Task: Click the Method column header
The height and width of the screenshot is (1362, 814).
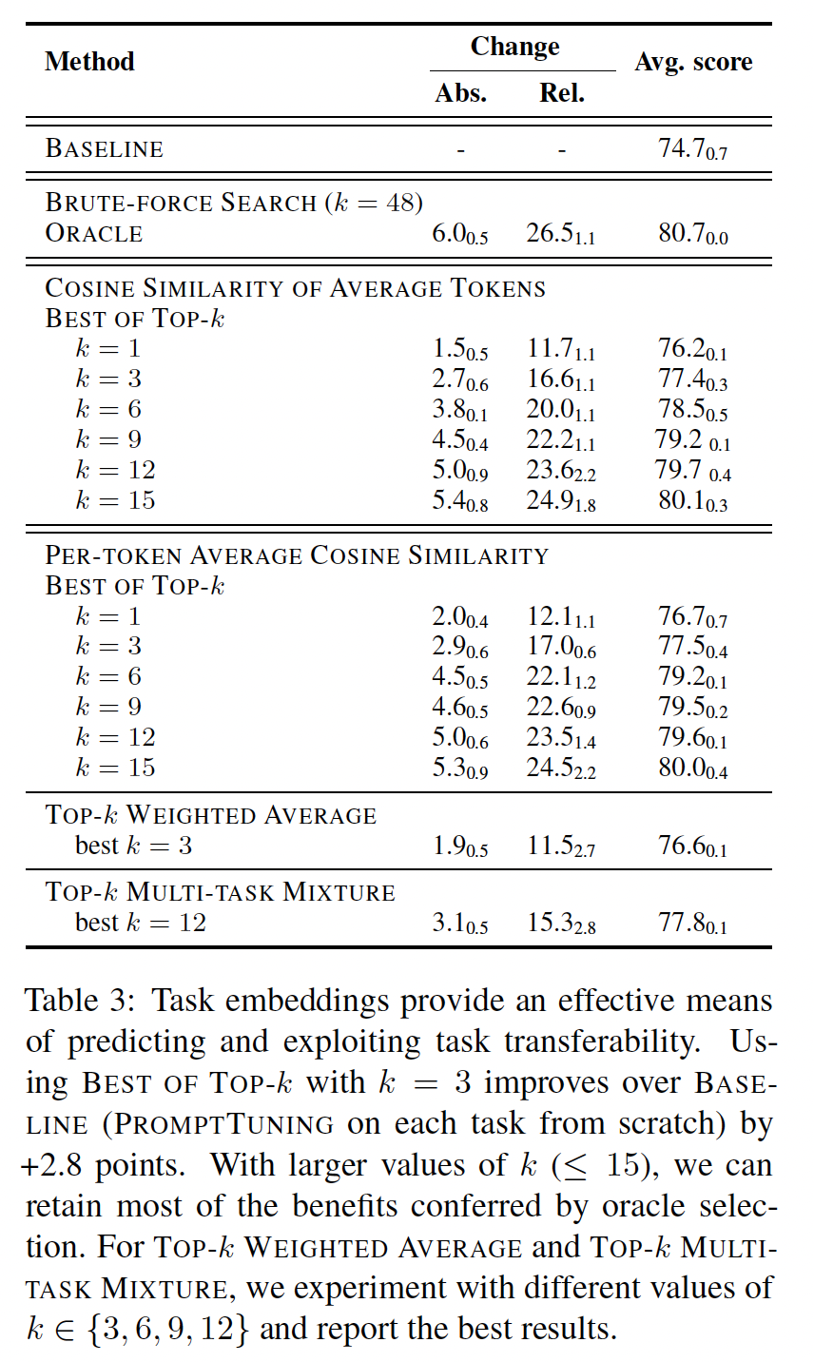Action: (x=89, y=62)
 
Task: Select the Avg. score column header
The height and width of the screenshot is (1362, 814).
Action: (x=693, y=62)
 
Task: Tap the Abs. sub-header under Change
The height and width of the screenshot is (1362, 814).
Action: (x=460, y=93)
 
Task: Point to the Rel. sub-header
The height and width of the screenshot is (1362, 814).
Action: (x=561, y=93)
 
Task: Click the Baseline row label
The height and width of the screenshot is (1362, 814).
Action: (x=105, y=148)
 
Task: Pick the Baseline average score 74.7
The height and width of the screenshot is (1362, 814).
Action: (x=692, y=148)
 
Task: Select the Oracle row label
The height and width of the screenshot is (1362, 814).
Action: (x=94, y=233)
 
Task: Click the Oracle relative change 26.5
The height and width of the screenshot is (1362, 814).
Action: (x=560, y=234)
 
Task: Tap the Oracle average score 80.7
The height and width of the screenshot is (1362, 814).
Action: (x=692, y=234)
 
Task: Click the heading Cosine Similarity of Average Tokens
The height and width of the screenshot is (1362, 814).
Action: (x=296, y=287)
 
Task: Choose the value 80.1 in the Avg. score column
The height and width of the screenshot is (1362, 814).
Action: (x=692, y=501)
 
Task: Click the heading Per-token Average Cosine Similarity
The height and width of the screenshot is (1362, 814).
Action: (x=297, y=555)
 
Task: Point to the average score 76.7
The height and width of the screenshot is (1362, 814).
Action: (x=692, y=617)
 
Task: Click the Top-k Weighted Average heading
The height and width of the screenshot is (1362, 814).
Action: (x=211, y=815)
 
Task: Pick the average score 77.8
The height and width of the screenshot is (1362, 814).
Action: (x=692, y=923)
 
